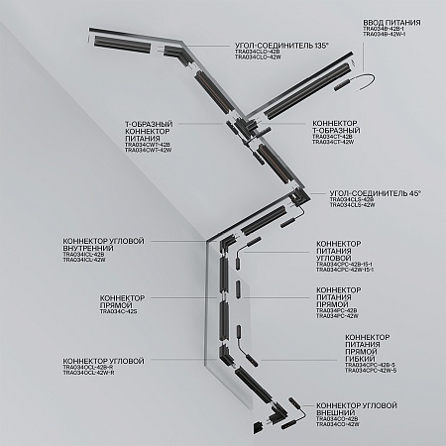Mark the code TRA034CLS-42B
point(351,199)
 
